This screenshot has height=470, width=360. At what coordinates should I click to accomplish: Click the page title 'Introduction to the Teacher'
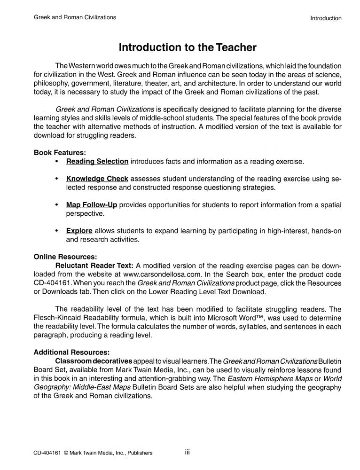click(188, 47)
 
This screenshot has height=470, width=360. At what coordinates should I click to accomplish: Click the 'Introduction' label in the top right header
click(326, 18)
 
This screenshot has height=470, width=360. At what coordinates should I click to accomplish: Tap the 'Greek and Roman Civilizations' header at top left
click(75, 17)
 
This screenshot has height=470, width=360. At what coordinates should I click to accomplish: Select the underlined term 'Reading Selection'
click(97, 162)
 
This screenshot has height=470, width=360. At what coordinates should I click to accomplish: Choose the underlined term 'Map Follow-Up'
click(92, 205)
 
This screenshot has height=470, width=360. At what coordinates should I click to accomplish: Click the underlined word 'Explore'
click(79, 231)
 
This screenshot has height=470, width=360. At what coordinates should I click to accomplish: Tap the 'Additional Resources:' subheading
click(71, 352)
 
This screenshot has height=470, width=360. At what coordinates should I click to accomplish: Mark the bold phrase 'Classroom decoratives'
click(94, 360)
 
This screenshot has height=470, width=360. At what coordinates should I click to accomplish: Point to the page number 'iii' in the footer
click(187, 452)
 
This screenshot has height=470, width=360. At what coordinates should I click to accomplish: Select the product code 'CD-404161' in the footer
click(47, 453)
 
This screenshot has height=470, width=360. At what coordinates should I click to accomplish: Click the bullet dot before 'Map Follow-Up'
click(57, 205)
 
